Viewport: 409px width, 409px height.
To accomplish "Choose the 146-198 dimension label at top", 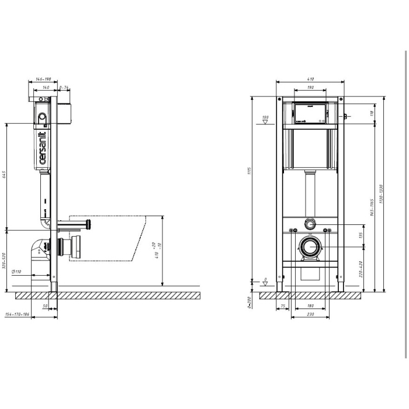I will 43,79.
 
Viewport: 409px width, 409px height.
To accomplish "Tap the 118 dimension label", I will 372,113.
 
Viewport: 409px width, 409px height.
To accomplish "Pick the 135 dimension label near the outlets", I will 361,235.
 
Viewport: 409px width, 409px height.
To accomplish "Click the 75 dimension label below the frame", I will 283,306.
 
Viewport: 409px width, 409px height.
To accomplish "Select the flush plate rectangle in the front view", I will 310,114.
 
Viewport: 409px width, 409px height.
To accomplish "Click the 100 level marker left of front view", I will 265,117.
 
